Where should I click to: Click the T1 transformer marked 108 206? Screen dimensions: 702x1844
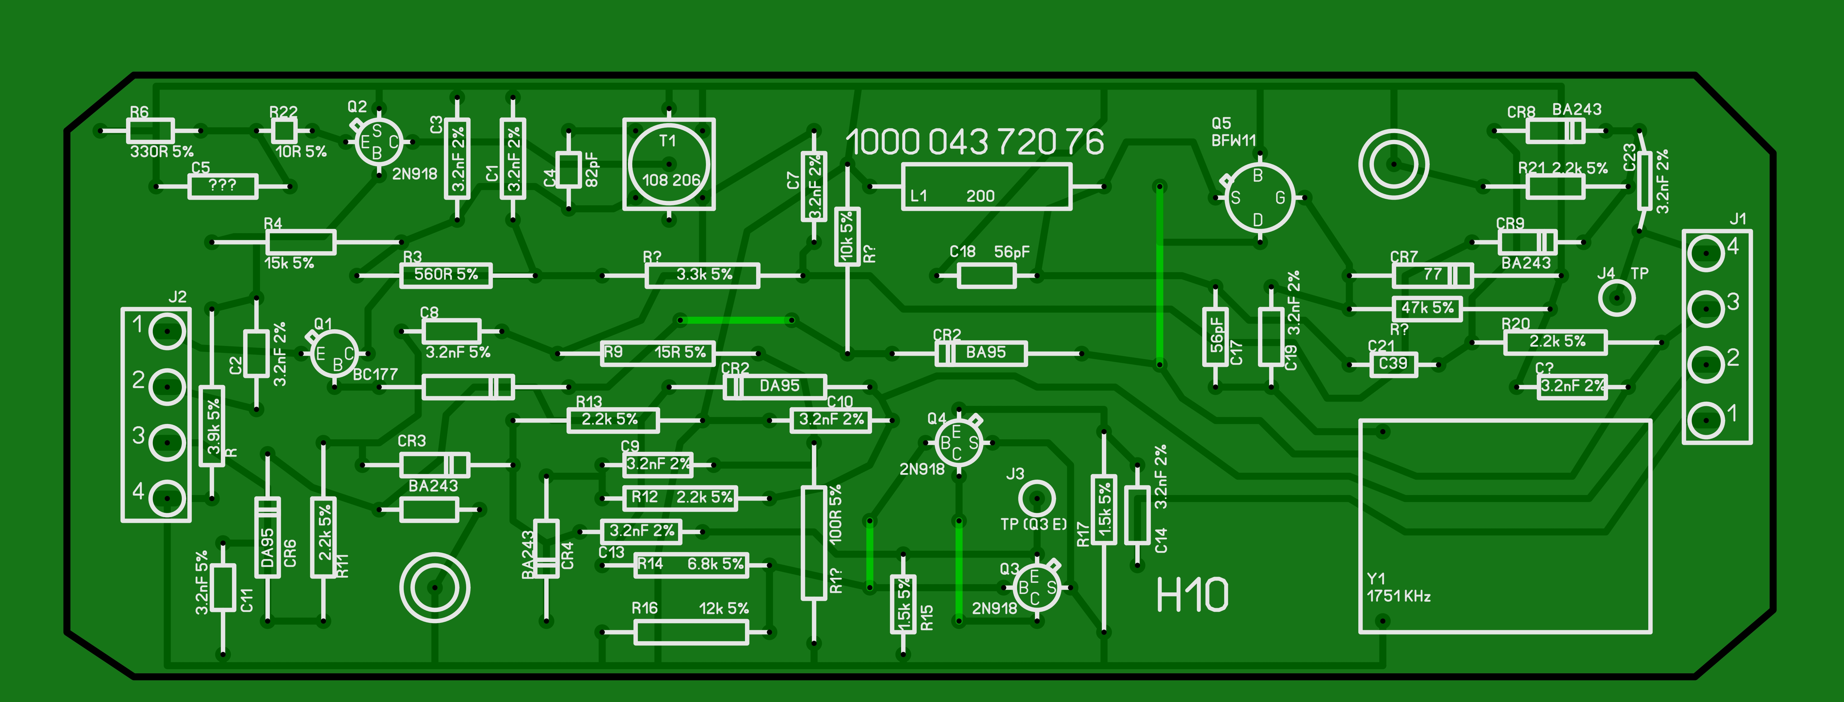click(x=669, y=165)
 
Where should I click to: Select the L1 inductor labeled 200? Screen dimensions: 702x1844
click(x=986, y=187)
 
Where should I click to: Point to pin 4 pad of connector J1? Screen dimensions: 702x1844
click(x=1707, y=253)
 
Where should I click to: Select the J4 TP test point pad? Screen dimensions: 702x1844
click(x=1616, y=297)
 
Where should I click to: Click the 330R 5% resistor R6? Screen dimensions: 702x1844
click(x=150, y=131)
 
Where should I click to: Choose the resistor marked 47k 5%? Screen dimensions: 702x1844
click(x=1427, y=308)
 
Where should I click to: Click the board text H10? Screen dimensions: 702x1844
click(x=1192, y=595)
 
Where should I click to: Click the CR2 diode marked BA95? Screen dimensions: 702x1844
click(x=981, y=353)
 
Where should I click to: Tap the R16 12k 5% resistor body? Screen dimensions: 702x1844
click(x=691, y=632)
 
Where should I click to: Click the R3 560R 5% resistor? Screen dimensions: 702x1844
click(x=445, y=275)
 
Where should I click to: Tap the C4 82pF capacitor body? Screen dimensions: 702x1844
click(x=568, y=170)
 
